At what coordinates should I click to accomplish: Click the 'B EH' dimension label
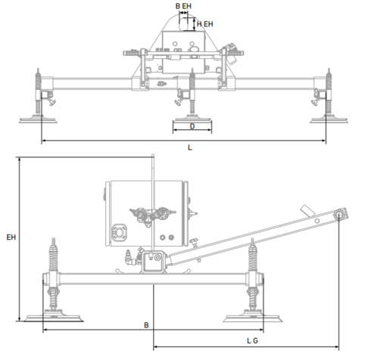pos(183,6)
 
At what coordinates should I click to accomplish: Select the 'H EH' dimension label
pos(204,24)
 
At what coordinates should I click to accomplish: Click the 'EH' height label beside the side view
pos(11,237)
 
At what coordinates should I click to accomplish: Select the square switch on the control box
pos(119,230)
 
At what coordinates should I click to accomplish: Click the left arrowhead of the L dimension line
pos(43,141)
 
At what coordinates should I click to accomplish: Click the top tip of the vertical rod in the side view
pos(154,157)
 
